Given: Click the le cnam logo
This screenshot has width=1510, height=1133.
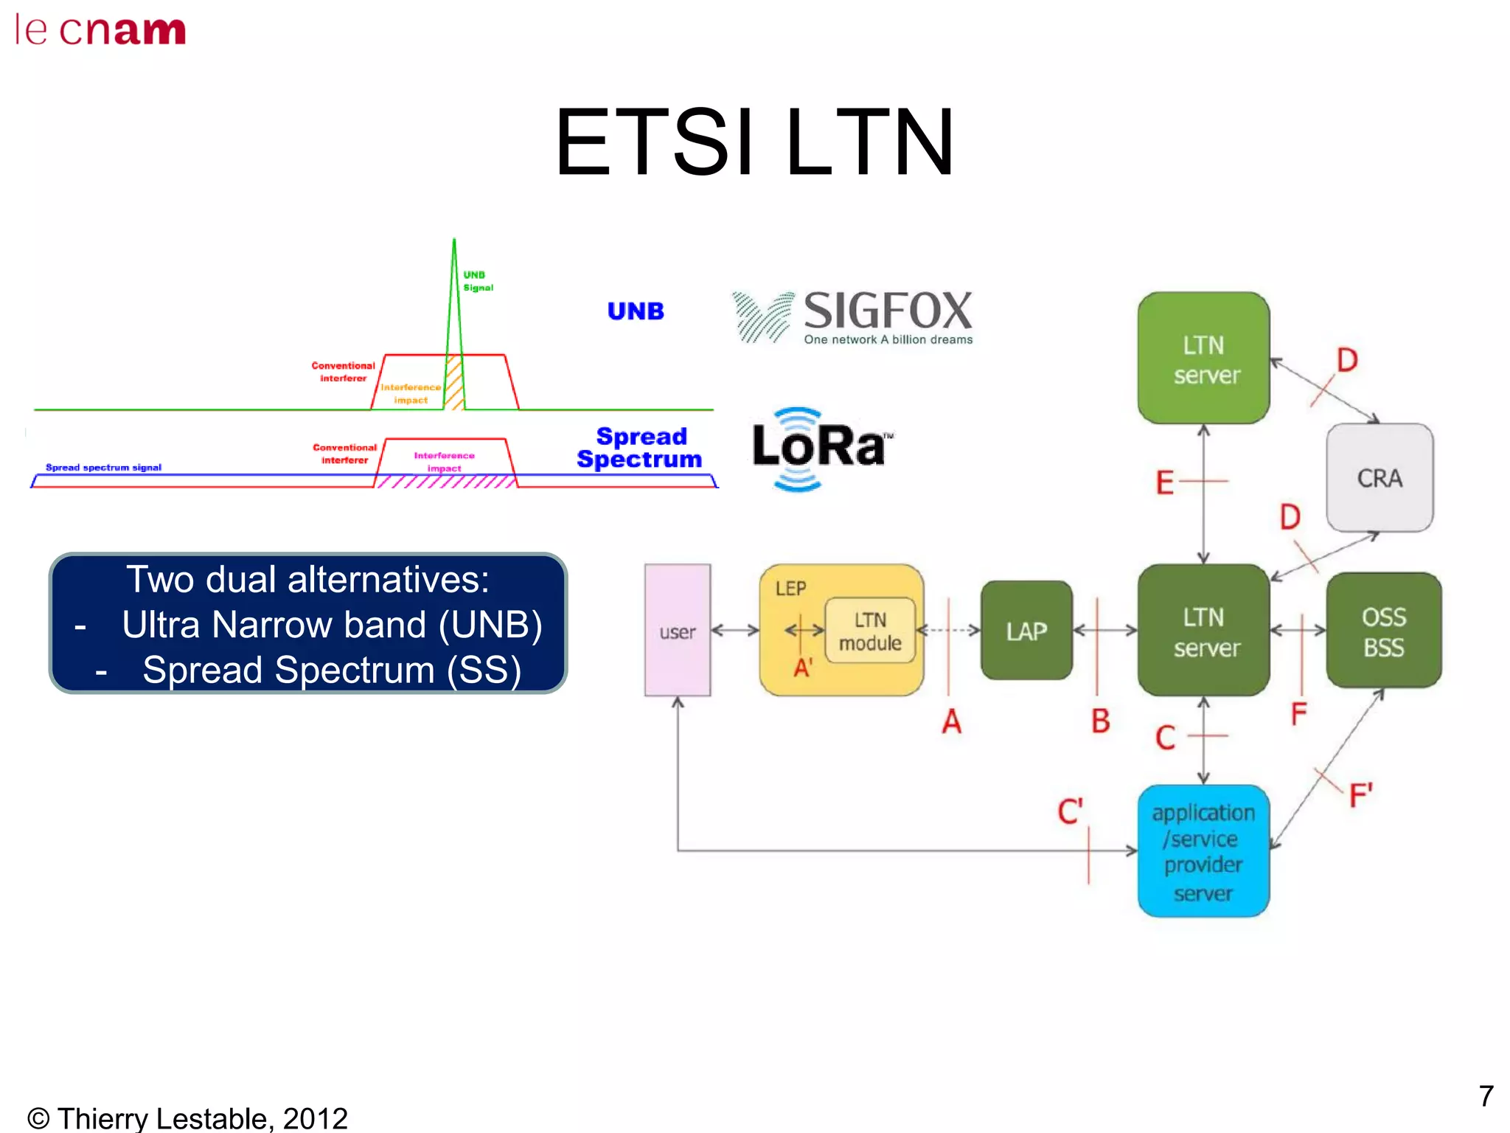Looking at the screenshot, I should coord(100,31).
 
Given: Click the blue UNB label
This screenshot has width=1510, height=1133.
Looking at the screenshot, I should coord(636,311).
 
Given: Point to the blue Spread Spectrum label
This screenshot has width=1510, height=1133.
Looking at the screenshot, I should coord(640,448).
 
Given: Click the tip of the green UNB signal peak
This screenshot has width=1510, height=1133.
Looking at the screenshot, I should coord(454,240).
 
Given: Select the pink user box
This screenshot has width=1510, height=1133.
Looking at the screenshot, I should coord(677,631).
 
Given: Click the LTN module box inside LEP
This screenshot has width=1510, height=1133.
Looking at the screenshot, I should coord(870,631).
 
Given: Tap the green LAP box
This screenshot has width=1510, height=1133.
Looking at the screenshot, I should coord(1026,631).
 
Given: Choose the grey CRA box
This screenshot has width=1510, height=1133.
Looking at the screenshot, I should coord(1379,478).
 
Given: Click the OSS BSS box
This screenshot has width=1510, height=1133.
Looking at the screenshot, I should coord(1383,631).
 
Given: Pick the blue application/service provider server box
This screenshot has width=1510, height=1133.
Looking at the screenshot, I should coord(1203,851).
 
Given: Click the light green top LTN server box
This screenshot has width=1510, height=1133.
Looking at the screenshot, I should coord(1203,359).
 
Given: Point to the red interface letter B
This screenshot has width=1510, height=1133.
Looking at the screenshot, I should coord(1100,721).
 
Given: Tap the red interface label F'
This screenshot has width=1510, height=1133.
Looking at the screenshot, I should coord(1360,796).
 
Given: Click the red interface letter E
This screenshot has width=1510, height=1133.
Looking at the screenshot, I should coord(1164,483).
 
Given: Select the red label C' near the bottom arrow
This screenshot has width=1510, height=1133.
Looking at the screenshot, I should coord(1070,811).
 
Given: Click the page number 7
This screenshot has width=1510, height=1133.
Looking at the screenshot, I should coord(1486,1096).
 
